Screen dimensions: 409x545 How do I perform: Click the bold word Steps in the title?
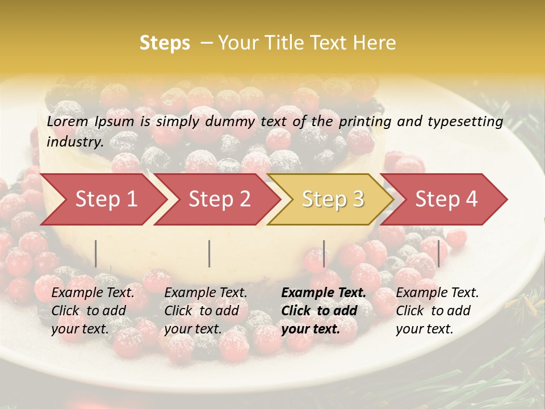pos(165,43)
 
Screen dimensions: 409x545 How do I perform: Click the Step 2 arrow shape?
pos(219,199)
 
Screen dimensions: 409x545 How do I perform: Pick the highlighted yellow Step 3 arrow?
pos(333,199)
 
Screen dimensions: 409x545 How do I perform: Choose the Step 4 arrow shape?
pos(446,199)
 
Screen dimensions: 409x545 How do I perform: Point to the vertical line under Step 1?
pos(96,253)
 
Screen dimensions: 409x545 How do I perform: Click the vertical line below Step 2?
pos(209,253)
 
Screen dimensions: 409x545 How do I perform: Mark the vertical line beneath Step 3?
pos(324,253)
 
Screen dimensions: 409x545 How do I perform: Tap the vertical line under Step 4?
pos(438,253)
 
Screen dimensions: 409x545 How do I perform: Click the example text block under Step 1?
pos(93,311)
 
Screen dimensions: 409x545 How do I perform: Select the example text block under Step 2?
pos(206,311)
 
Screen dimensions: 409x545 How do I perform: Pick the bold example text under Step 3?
pos(324,311)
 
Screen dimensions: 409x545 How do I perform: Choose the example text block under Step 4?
pos(437,311)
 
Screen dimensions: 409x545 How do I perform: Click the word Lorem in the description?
pos(68,122)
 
